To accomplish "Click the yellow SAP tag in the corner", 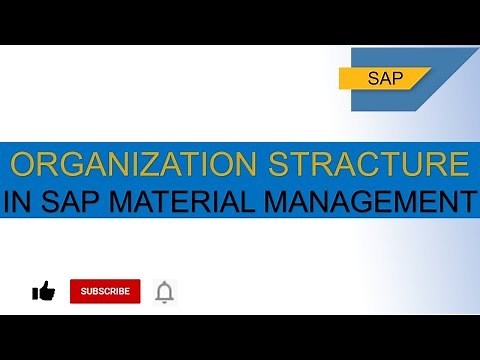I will point(385,78).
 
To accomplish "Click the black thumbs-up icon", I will point(43,291).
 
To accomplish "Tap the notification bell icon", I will point(164,291).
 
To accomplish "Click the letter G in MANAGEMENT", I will point(354,202).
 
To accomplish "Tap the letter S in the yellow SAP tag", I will point(373,78).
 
